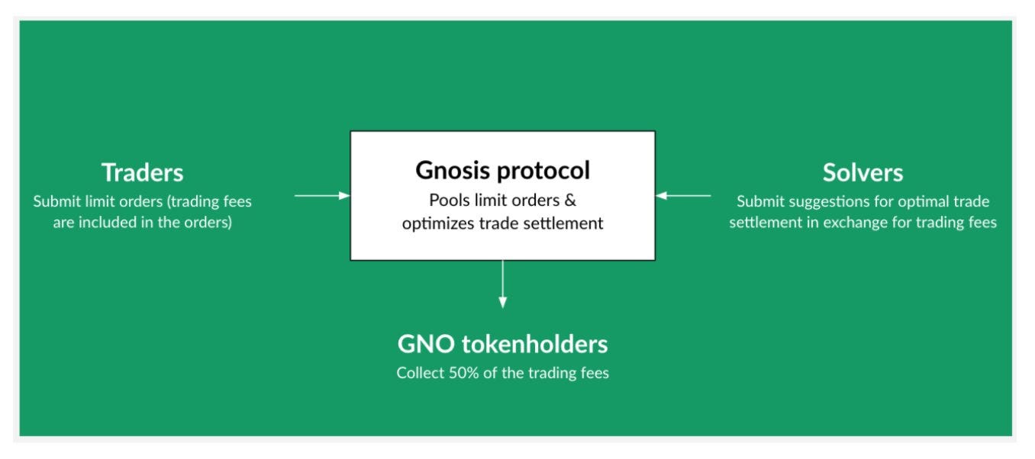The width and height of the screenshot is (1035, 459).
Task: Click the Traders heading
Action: tap(143, 172)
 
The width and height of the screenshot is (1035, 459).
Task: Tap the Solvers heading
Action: tap(862, 172)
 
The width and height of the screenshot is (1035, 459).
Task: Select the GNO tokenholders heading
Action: tap(502, 345)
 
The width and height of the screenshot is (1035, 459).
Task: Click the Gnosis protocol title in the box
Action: tap(502, 170)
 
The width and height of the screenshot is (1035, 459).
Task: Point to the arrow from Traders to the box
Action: tap(321, 196)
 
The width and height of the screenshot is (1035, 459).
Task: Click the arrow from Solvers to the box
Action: tap(683, 196)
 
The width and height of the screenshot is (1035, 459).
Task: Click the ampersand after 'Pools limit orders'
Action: tap(569, 201)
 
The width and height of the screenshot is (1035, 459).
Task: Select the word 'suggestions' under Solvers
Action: tap(823, 202)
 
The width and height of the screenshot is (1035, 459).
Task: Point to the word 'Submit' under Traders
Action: tap(54, 202)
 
